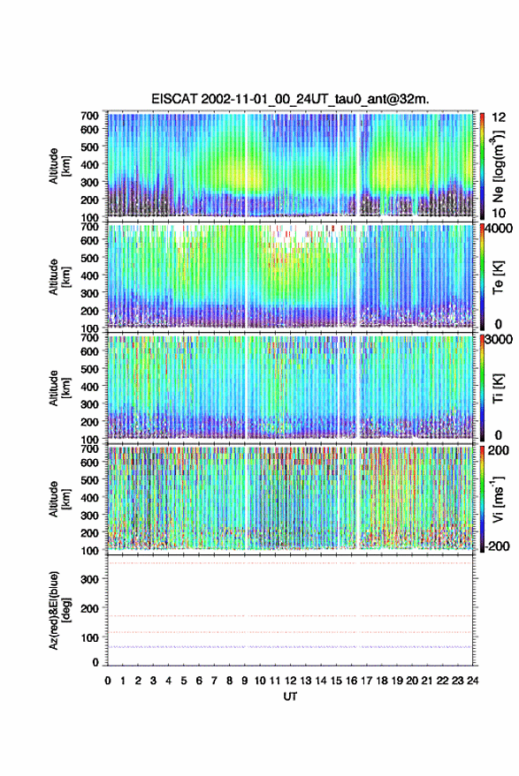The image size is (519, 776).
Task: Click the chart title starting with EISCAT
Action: pos(291,99)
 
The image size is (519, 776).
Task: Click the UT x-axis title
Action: pos(290,697)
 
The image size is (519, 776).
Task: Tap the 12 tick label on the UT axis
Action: pos(290,681)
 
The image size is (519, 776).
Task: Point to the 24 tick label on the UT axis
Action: pos(472,681)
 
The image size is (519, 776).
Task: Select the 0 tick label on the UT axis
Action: pos(108,681)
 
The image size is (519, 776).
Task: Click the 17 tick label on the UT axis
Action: pos(366,681)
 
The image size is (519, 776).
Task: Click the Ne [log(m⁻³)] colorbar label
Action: pos(498,166)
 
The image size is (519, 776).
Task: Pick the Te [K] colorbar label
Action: pos(498,277)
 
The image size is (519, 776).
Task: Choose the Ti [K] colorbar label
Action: pos(498,388)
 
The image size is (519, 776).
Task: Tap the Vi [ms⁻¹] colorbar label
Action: pos(498,499)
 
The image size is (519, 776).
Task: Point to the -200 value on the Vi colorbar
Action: pos(496,546)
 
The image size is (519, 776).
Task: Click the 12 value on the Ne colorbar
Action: pos(499,117)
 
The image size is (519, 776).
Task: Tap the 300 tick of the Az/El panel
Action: pos(90,579)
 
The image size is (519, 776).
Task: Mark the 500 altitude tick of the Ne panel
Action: pos(90,147)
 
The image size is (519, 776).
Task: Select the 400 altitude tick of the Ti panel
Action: pos(90,387)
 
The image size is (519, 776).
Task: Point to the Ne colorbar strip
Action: pos(482,166)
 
